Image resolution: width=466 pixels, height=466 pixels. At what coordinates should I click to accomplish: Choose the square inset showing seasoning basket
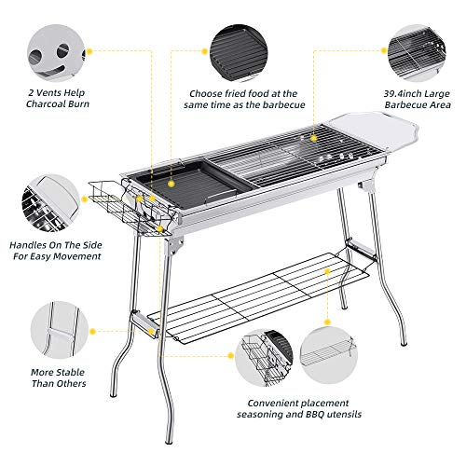(269, 360)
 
